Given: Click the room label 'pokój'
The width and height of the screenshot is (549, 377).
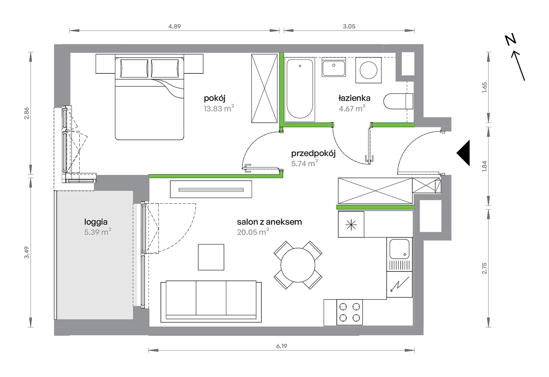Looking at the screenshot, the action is (214, 98).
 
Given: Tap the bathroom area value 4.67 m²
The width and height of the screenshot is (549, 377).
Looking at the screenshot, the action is (352, 108).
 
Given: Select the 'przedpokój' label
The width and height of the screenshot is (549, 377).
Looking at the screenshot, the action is (313, 153).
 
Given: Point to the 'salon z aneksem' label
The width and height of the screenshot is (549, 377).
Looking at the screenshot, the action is (269, 222).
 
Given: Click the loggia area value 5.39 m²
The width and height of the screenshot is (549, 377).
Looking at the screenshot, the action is (98, 232).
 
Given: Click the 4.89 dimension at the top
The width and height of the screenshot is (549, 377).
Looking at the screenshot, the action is (175, 26).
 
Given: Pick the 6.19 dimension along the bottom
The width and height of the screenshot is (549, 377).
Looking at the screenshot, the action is (281, 346).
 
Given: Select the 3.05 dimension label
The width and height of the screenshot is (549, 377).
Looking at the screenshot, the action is (349, 26).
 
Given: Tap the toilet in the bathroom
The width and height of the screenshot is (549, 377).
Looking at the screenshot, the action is (398, 101).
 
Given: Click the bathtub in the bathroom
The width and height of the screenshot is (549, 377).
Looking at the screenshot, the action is (300, 89).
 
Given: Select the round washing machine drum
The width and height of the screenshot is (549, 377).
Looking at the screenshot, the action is (368, 70).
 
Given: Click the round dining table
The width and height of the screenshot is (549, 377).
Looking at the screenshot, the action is (298, 265).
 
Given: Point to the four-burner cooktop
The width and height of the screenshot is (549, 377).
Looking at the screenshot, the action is (350, 312).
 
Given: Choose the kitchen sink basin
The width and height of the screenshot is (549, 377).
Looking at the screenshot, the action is (399, 249).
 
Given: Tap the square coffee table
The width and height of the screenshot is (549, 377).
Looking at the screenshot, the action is (211, 257).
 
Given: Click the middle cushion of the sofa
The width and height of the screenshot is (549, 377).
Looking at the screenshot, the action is (211, 298).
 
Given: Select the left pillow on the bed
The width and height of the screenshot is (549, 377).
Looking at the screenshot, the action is (134, 68).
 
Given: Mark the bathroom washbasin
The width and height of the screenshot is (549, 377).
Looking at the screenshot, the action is (334, 67).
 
